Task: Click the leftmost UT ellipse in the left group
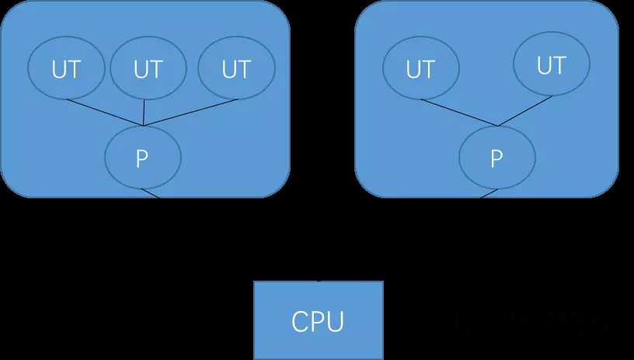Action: coord(66,69)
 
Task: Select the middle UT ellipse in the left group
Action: coord(148,69)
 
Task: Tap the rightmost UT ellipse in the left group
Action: coord(235,69)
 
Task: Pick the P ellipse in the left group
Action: coord(142,158)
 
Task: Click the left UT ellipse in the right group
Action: coord(420,70)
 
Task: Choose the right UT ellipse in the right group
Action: coord(551,66)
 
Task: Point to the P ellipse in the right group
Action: coord(497,159)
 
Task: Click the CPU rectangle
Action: coord(319,320)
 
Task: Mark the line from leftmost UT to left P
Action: coord(105,113)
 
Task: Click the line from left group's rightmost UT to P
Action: coord(190,112)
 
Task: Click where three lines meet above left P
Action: coord(144,125)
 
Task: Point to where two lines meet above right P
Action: coord(497,126)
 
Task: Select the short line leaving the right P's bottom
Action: coord(486,194)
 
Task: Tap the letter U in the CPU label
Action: coord(336,321)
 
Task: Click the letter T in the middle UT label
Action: coord(155,69)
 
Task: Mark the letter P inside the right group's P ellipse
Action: coord(497,159)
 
